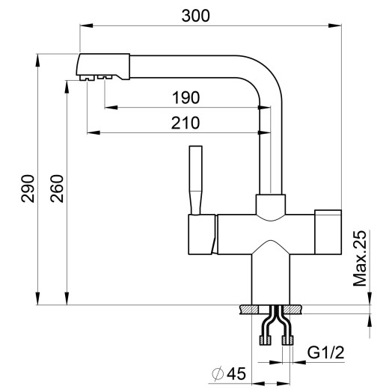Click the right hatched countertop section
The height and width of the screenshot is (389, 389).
point(295,310)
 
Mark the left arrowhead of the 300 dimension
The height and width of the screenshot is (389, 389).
point(83,27)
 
